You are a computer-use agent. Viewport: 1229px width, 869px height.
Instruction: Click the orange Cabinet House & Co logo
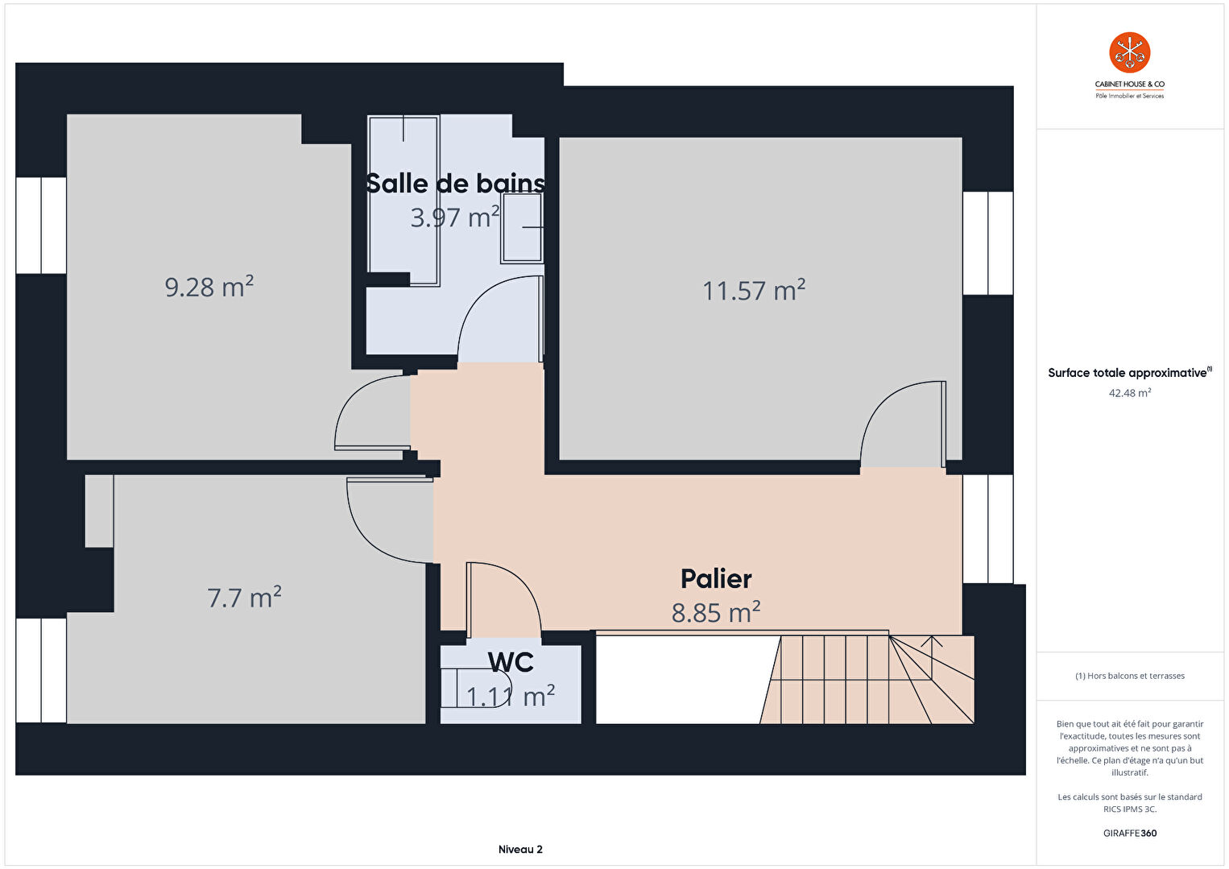coord(1130,52)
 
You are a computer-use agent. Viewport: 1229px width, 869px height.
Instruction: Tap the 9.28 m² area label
coord(209,287)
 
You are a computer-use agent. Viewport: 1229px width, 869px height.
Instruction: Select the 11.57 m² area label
coord(754,290)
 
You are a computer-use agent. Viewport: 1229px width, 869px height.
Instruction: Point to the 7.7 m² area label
coord(244,597)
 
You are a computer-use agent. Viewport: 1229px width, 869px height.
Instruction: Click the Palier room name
coord(716,579)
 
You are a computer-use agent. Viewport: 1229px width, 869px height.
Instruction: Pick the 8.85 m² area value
coord(716,612)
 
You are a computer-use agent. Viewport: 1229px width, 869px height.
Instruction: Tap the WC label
coord(511,663)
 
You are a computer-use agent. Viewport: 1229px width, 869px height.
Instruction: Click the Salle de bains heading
coord(455,183)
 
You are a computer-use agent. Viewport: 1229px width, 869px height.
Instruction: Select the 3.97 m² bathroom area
coord(455,217)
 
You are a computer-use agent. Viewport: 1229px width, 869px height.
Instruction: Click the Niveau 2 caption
coord(520,849)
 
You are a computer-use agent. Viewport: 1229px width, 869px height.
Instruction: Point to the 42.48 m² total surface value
coord(1130,393)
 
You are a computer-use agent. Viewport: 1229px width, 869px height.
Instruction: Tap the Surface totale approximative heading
coord(1130,373)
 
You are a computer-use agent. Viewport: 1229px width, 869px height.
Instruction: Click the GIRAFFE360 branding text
coord(1130,833)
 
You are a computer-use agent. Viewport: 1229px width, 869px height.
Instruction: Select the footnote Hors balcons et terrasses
coord(1130,676)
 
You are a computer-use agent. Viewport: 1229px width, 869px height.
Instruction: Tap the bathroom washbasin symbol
coord(522,227)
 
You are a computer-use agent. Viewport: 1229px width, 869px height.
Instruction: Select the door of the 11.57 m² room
coord(903,424)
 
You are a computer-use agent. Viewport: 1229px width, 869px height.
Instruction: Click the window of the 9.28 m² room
coord(41,225)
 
